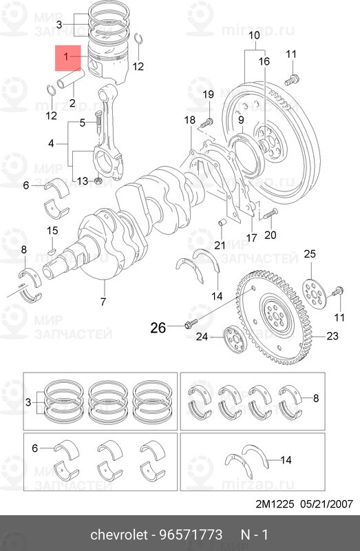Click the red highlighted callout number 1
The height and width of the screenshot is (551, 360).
point(66,56)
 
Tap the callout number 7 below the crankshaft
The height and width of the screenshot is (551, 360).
point(103,302)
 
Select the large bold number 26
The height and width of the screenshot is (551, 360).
point(158,328)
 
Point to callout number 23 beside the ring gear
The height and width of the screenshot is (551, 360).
point(332,336)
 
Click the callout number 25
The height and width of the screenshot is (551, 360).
point(310,253)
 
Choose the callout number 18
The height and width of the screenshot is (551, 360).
point(190,120)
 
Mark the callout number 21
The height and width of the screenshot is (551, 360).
point(220,245)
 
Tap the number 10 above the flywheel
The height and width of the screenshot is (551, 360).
point(254,35)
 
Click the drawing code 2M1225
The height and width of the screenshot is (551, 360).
point(275,504)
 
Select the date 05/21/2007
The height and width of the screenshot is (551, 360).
point(327,504)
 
